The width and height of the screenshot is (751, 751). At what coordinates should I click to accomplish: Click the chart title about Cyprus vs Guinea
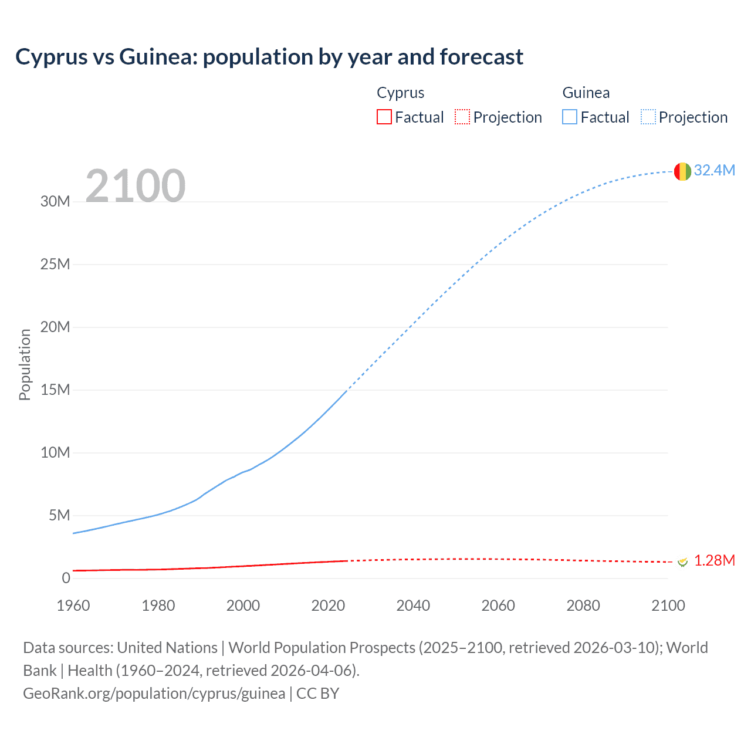(269, 57)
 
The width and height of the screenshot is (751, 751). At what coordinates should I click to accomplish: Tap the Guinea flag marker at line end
(682, 171)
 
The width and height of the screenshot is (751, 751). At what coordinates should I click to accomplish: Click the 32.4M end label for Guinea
(714, 170)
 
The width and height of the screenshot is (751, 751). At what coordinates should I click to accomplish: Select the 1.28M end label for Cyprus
(714, 560)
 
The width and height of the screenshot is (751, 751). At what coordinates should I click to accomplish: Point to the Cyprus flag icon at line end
(682, 562)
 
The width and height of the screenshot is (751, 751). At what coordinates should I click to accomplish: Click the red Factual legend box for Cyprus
(384, 117)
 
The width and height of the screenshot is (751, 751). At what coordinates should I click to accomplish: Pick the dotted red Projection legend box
(462, 117)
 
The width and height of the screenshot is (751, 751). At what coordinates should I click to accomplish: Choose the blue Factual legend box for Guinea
(570, 117)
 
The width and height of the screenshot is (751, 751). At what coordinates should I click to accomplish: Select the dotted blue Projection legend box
(648, 117)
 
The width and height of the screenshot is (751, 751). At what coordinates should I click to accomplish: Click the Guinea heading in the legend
(586, 93)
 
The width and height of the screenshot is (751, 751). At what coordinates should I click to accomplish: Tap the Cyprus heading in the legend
(400, 93)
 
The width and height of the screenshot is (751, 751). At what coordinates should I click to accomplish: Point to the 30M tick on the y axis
(55, 201)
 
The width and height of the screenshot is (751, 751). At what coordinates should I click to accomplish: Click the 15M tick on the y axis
(55, 390)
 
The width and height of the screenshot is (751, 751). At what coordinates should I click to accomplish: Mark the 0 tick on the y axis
(66, 578)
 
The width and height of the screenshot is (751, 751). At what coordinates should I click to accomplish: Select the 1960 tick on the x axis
(73, 605)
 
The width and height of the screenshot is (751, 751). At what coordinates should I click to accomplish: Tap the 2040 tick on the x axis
(413, 605)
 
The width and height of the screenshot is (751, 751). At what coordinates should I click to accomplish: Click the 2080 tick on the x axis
(583, 605)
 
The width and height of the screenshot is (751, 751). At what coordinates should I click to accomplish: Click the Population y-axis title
(25, 364)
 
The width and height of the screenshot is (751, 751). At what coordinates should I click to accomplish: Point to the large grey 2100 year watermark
(136, 186)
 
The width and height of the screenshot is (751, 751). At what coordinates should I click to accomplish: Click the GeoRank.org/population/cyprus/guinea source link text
(154, 693)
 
